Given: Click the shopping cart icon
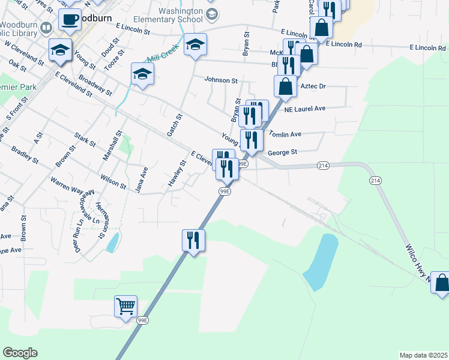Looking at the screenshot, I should [126, 307].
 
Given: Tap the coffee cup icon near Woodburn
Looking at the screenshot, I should [70, 20].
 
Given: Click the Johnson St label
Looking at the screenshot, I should [221, 80].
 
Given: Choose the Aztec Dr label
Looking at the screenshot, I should [313, 86].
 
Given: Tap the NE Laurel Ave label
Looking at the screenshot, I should [304, 109].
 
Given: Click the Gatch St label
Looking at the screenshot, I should [178, 125].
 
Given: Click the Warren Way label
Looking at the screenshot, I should [67, 185].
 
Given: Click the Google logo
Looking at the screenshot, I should [20, 353].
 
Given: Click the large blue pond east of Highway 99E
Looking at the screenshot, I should [321, 261].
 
